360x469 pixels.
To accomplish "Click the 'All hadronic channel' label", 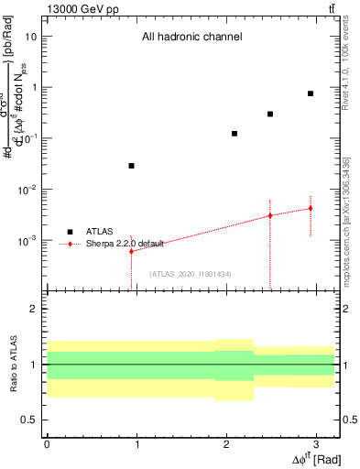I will click(x=191, y=38).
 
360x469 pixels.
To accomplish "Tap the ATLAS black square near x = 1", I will click(x=132, y=166).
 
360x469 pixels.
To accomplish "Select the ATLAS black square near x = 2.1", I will click(x=235, y=134).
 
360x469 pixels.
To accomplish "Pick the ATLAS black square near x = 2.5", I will click(x=270, y=114).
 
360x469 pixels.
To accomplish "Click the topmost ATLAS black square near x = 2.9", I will click(x=311, y=93).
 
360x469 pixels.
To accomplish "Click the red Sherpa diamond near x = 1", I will click(x=132, y=251).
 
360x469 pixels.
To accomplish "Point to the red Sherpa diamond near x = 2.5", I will click(x=270, y=215).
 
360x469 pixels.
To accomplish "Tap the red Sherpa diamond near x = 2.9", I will click(x=311, y=208).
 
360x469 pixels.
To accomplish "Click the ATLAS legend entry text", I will click(x=99, y=232).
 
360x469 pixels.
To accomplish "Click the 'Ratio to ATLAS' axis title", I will click(x=14, y=363).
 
